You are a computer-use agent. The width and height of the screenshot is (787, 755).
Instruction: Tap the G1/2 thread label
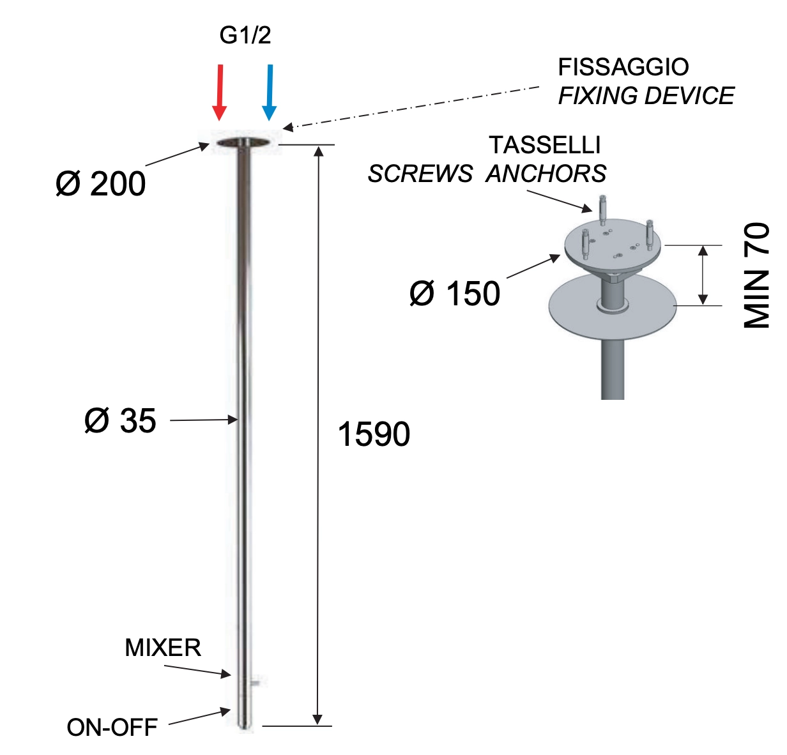(245, 36)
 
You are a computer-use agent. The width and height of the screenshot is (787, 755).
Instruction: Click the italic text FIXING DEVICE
(646, 96)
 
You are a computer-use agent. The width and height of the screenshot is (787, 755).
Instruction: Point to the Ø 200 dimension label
(100, 184)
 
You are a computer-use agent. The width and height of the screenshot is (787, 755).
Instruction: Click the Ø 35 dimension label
(120, 421)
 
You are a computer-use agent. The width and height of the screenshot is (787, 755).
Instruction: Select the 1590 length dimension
(374, 434)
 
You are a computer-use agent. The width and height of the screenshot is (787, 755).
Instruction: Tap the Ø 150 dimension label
(454, 294)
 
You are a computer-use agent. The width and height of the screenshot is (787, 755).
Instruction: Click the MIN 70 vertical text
(757, 275)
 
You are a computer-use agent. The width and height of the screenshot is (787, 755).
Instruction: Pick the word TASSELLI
(545, 146)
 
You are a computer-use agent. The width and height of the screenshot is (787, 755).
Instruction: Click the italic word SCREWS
(420, 174)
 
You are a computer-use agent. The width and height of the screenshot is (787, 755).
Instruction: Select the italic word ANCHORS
(546, 174)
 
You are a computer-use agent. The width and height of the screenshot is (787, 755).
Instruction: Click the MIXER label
(163, 648)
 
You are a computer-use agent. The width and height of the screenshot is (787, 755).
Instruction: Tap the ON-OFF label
(112, 727)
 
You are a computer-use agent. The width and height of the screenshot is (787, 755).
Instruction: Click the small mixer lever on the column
(255, 683)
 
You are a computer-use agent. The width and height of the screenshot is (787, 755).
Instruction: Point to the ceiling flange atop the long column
(243, 142)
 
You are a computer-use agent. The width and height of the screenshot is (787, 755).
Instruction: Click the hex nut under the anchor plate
(613, 277)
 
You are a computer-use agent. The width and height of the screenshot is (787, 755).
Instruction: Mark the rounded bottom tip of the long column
(243, 726)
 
